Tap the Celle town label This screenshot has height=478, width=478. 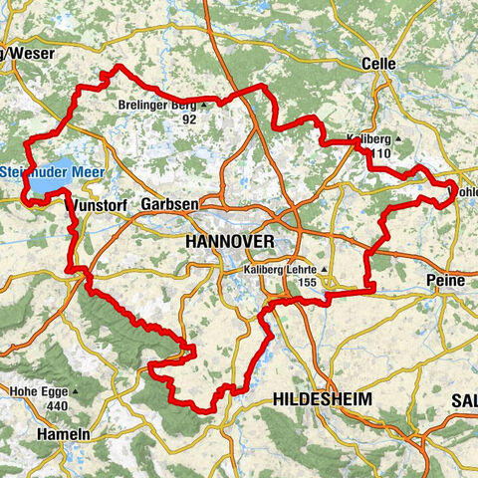(378, 63)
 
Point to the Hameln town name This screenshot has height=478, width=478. (63, 434)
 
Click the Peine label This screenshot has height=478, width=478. (445, 281)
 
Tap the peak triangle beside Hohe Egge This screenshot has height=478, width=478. (75, 391)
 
